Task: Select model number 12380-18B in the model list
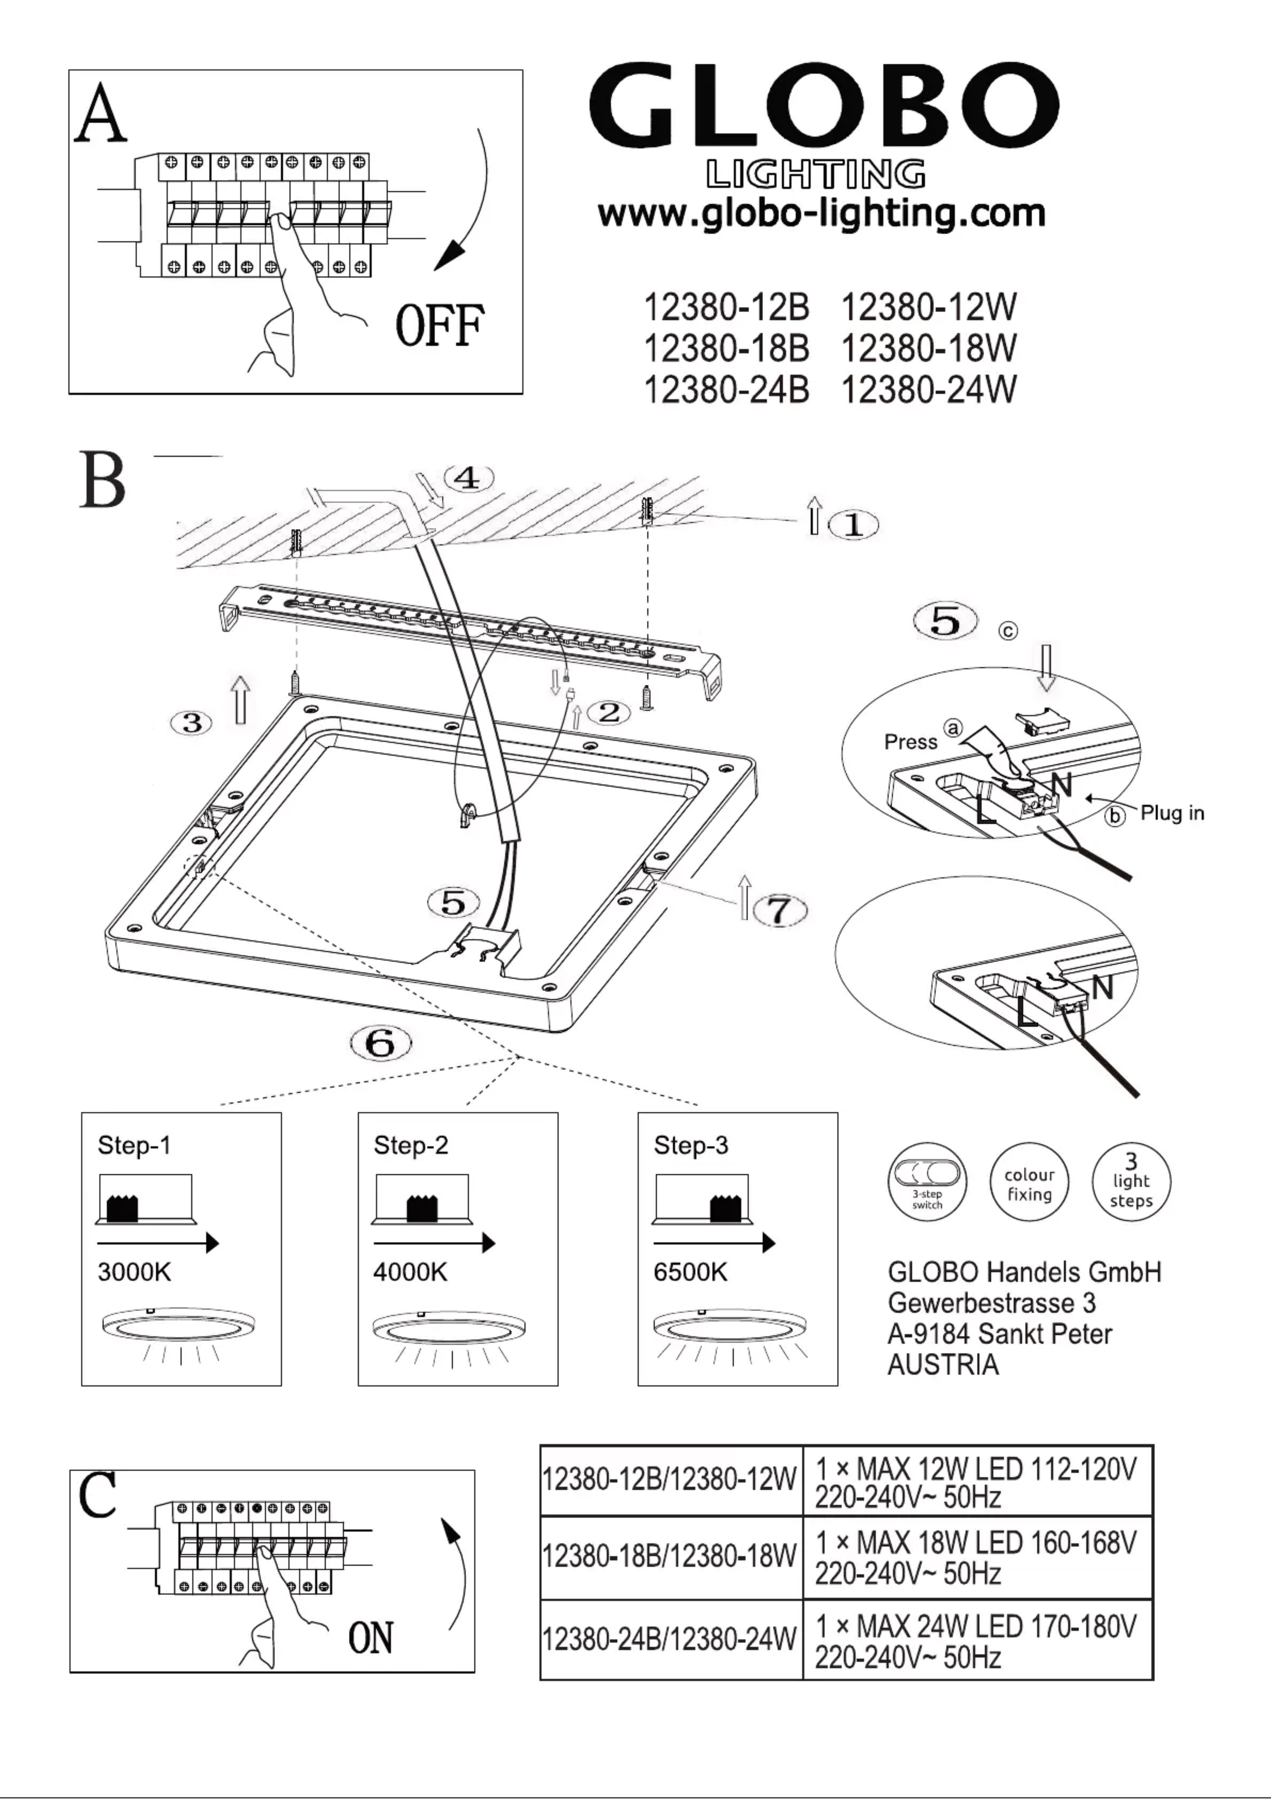click(726, 349)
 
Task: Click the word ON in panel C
click(371, 1638)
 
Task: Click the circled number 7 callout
click(779, 910)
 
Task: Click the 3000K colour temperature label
click(134, 1272)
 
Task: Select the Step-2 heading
click(411, 1145)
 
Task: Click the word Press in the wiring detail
click(911, 742)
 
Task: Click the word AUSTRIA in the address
click(943, 1365)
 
